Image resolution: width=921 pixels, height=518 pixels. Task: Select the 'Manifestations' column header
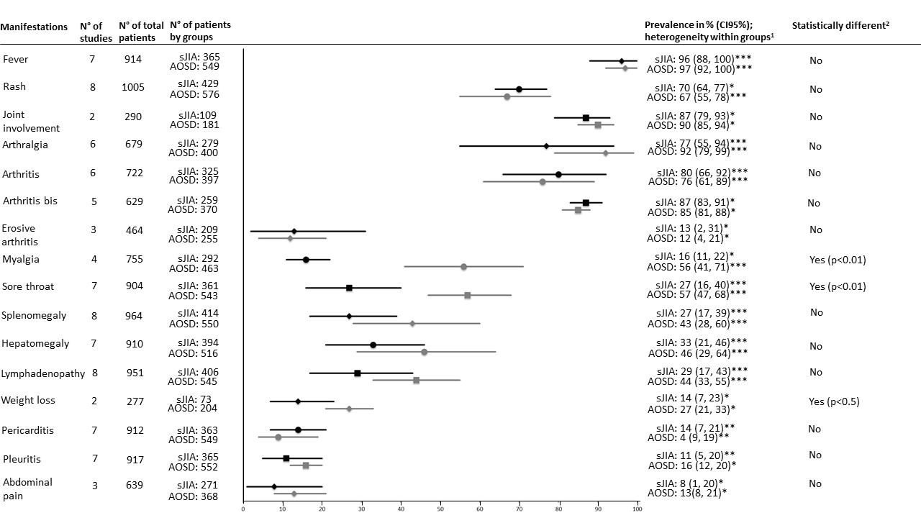(x=34, y=27)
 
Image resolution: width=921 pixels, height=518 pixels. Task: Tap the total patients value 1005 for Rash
(x=133, y=88)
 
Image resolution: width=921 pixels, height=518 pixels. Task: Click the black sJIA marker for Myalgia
(x=306, y=260)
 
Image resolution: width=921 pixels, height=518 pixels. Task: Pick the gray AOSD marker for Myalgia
(x=463, y=267)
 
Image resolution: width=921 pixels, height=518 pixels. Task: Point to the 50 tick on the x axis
(x=440, y=509)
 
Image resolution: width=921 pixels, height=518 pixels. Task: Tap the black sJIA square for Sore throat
(x=349, y=288)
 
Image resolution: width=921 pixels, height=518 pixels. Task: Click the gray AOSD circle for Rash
(x=507, y=96)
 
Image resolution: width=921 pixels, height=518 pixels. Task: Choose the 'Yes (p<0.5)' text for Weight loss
(x=835, y=401)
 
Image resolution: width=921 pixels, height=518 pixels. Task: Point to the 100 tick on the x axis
(x=637, y=509)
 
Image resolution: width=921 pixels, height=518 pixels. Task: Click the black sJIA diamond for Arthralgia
(x=546, y=146)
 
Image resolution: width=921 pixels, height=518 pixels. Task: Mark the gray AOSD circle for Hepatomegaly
(x=424, y=352)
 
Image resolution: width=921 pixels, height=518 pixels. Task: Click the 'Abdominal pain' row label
(x=27, y=488)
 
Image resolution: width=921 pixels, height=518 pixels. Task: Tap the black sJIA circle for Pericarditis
(x=298, y=430)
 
